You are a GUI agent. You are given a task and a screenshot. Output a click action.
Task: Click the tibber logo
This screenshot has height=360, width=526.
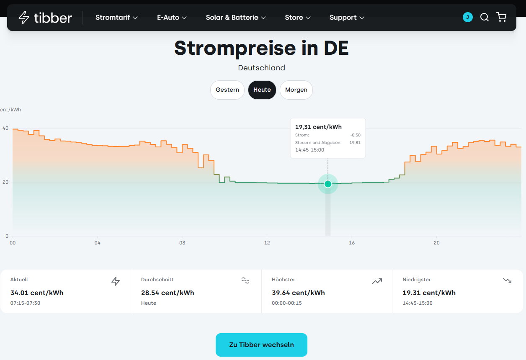coord(45,18)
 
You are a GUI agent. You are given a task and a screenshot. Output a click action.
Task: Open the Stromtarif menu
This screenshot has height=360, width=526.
coord(116,17)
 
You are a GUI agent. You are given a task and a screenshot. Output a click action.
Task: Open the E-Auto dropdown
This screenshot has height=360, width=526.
coord(172,17)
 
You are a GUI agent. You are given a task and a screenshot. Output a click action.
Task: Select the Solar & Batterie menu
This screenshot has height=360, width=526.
coord(236,17)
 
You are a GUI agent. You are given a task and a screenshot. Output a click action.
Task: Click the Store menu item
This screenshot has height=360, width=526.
coord(297,17)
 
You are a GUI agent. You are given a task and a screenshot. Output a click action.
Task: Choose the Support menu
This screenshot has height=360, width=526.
coord(347,18)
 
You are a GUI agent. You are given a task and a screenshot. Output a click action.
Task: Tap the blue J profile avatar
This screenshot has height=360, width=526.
coord(467,17)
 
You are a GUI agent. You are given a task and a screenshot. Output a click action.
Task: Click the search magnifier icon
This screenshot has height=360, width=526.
coord(484,17)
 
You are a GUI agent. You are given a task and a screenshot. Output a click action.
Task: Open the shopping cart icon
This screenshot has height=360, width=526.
coord(501,17)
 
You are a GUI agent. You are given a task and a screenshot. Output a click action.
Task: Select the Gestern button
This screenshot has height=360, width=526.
coord(227,90)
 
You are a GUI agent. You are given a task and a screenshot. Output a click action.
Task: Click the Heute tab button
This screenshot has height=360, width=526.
coord(262,90)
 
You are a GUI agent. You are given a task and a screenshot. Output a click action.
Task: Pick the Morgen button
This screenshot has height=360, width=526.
coord(296,90)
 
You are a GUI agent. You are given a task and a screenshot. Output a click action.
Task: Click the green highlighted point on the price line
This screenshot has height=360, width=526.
coord(328,184)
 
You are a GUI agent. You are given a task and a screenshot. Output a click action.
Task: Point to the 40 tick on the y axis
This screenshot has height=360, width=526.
coord(5,128)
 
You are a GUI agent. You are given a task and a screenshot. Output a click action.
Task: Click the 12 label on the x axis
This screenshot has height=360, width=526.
coord(267,243)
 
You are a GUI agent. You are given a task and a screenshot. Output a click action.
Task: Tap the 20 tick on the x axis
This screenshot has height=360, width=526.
coord(436,243)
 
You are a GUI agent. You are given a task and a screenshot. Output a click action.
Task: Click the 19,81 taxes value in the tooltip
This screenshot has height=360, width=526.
coord(355,142)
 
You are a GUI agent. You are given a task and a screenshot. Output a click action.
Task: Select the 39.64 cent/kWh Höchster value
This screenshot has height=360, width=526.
coord(298,293)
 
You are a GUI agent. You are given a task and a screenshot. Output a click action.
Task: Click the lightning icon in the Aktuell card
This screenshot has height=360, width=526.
coord(116,281)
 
